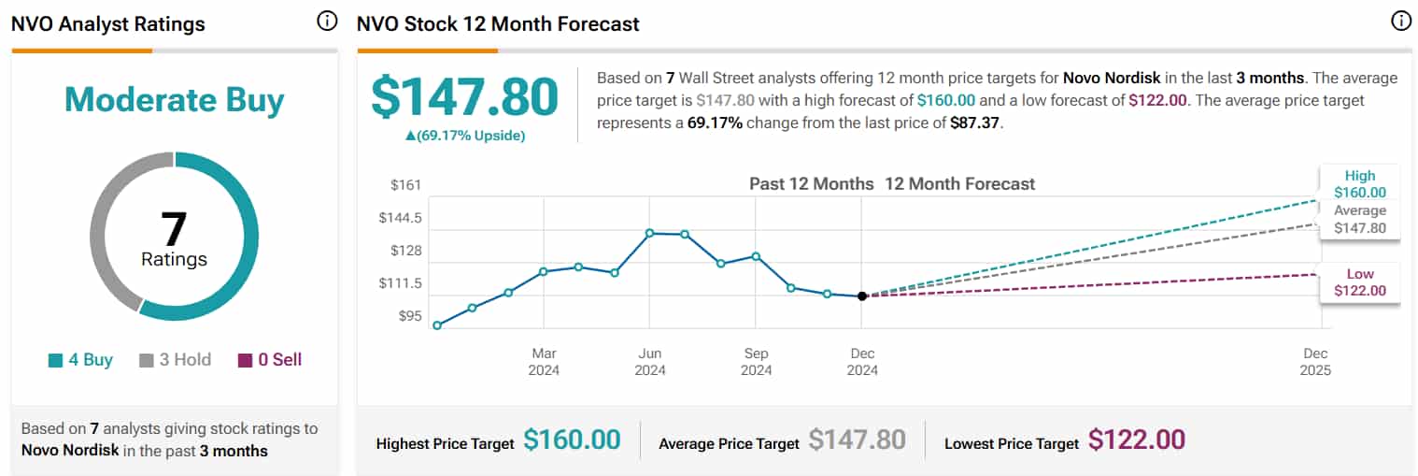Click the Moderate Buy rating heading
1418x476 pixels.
click(x=174, y=100)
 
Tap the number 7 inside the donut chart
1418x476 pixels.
click(x=174, y=228)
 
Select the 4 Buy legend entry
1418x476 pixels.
click(x=80, y=360)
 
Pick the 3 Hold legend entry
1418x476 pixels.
click(x=175, y=360)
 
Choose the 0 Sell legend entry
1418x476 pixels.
click(x=270, y=360)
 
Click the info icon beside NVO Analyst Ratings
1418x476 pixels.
click(x=327, y=22)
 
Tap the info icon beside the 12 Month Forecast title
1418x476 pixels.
click(x=1400, y=22)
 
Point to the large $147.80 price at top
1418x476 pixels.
click(x=464, y=97)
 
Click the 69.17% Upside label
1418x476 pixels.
click(x=464, y=136)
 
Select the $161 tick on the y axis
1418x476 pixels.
click(x=405, y=185)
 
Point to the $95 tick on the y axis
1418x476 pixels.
click(x=410, y=316)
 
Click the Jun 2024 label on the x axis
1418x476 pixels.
click(x=650, y=362)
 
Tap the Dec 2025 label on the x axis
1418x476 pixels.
click(x=1315, y=362)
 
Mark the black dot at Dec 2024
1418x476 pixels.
click(x=862, y=296)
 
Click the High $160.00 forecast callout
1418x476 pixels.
click(x=1359, y=184)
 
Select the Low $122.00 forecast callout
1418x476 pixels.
click(x=1359, y=282)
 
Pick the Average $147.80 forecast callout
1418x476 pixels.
click(x=1359, y=220)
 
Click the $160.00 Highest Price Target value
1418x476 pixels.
click(x=572, y=440)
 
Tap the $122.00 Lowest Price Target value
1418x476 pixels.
click(x=1137, y=440)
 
